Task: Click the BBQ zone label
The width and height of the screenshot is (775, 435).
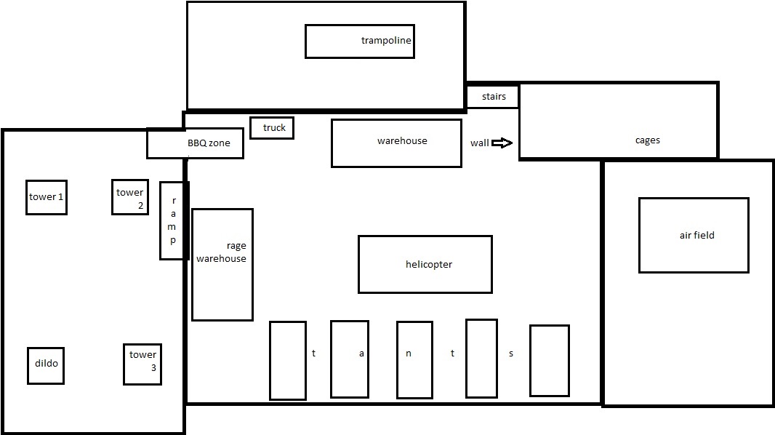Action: (x=209, y=143)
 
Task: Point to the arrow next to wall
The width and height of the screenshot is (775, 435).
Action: (x=502, y=143)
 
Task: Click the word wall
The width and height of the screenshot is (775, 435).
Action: (x=479, y=143)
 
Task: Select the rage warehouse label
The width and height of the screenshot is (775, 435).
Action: (x=221, y=252)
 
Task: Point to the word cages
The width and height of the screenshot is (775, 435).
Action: (x=648, y=140)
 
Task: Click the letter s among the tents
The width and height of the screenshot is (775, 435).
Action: (x=511, y=354)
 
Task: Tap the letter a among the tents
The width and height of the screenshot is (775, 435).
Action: (x=361, y=354)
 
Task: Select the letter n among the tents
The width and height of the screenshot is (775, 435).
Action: (x=409, y=354)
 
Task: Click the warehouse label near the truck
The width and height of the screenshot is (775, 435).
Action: (x=402, y=141)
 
